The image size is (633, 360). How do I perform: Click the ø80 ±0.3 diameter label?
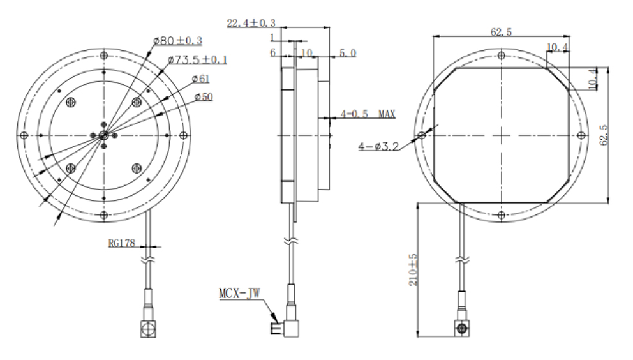pos(177,41)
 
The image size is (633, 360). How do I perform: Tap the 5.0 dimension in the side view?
pos(347,54)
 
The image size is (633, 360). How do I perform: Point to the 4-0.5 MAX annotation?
pos(368,114)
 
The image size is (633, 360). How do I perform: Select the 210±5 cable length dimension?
pos(413,269)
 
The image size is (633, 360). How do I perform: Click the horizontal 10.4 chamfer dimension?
pos(558,47)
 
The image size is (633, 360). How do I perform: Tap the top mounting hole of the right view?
pos(501,56)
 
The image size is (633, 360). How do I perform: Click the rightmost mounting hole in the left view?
pos(183,135)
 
